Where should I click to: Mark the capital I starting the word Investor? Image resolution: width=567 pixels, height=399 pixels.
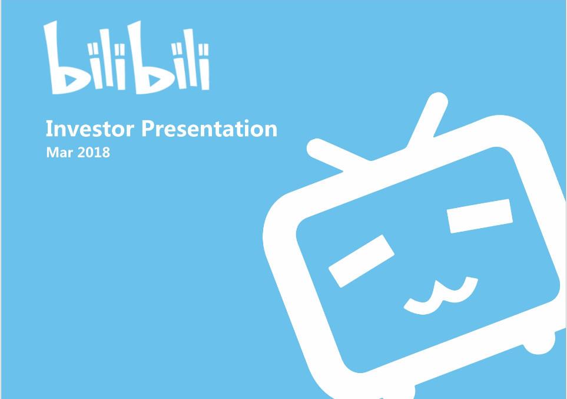(x=49, y=128)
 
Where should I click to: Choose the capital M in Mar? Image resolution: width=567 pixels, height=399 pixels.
(x=52, y=153)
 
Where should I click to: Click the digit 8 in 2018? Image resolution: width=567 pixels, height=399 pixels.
(x=106, y=153)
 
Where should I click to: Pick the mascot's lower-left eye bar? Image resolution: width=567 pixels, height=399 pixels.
(x=361, y=260)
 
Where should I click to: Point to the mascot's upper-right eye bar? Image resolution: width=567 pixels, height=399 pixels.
(x=480, y=215)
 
